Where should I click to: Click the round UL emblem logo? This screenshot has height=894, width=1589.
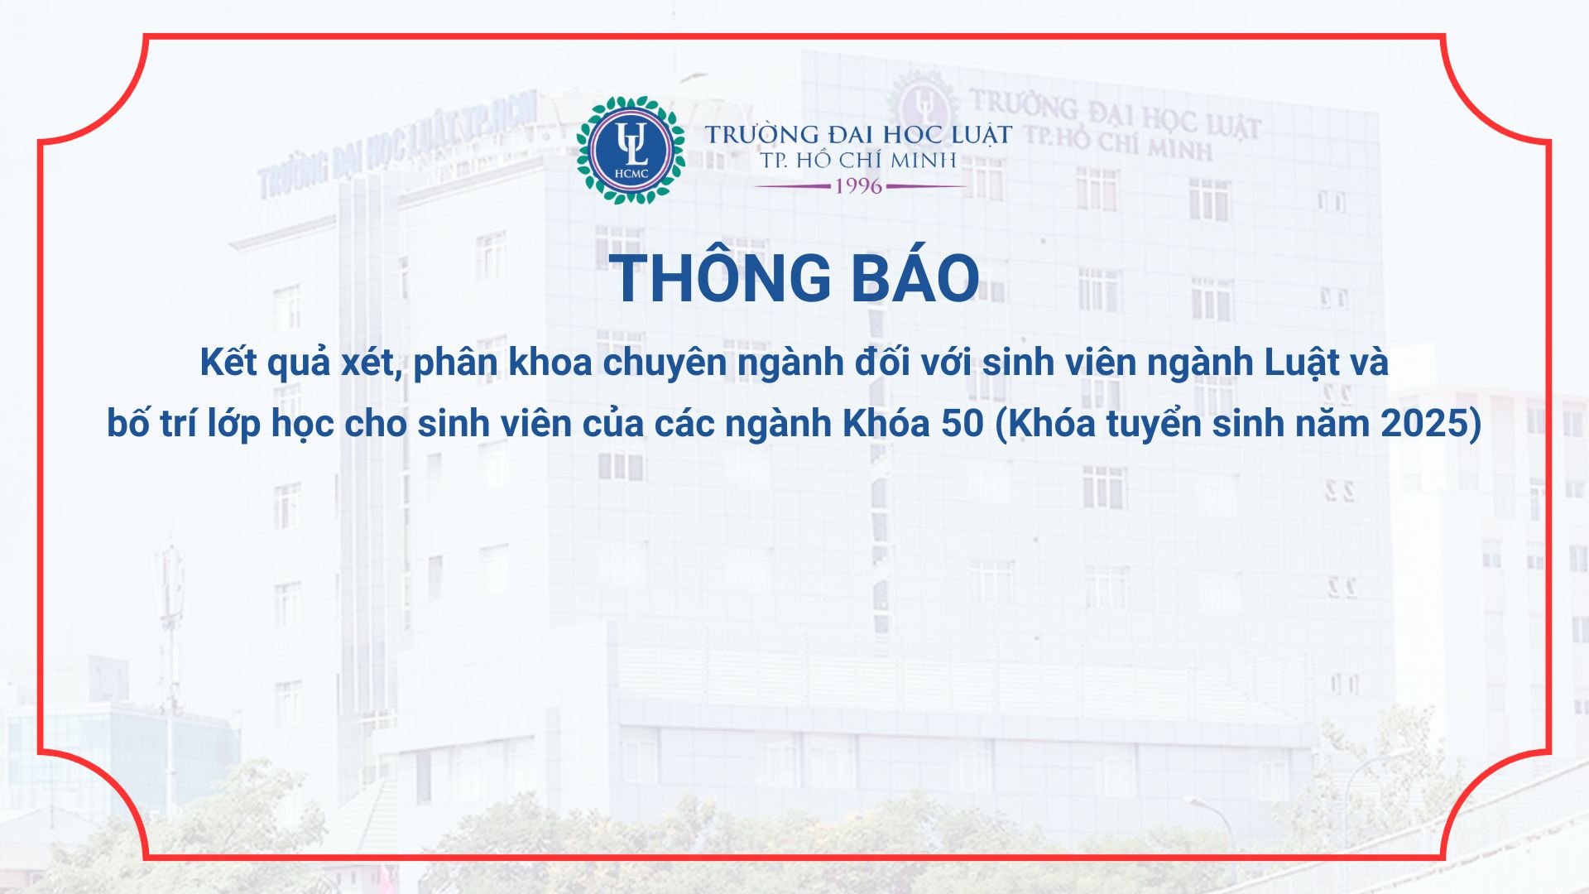tap(631, 150)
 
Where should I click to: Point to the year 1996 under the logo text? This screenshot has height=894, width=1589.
tap(858, 186)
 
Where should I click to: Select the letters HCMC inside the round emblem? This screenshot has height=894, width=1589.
tap(631, 174)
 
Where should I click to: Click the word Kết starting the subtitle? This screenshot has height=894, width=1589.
tap(228, 363)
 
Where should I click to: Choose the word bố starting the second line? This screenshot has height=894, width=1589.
tap(128, 423)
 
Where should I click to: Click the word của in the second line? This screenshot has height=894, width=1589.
tap(612, 424)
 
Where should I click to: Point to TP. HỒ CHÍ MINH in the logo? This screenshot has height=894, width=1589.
tap(858, 160)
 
